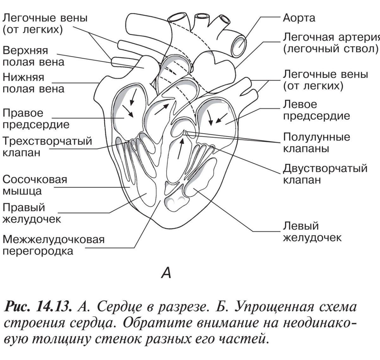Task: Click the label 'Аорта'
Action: (299, 18)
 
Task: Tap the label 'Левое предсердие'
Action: (316, 110)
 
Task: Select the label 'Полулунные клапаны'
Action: (316, 143)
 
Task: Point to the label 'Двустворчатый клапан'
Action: (325, 174)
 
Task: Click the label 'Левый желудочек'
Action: (312, 232)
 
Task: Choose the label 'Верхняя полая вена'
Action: (33, 56)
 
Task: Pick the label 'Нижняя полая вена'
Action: (33, 83)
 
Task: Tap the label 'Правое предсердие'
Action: (35, 119)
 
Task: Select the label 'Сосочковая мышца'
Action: (35, 185)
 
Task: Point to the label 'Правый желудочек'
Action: (32, 213)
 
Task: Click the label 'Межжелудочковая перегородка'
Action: (53, 245)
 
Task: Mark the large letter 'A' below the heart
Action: (166, 273)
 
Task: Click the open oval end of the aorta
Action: (238, 44)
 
